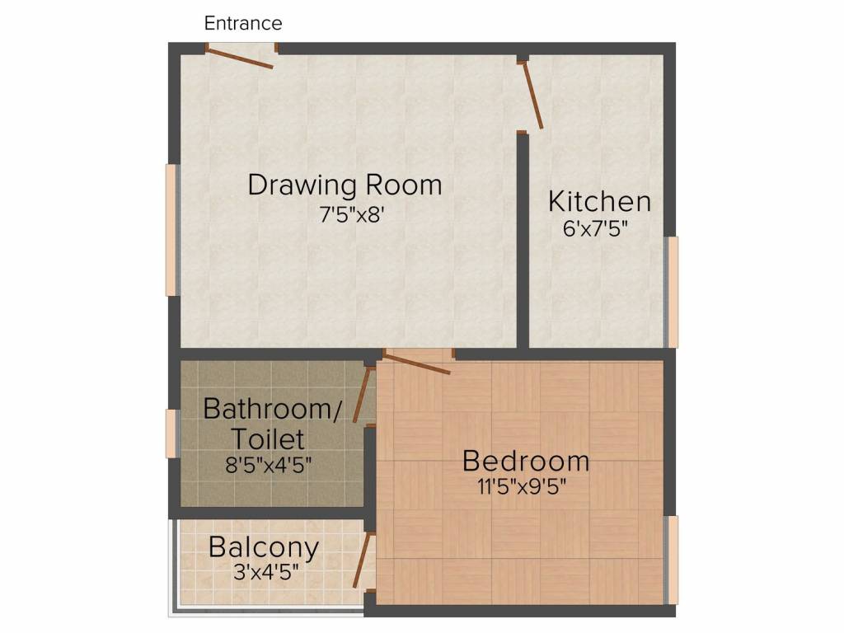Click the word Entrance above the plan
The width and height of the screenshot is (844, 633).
click(243, 23)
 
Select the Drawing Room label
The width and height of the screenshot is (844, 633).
click(345, 185)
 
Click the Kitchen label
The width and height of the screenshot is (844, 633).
click(599, 201)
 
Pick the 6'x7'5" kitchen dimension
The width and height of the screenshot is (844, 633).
click(595, 228)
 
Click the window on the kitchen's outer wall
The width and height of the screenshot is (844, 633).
click(673, 292)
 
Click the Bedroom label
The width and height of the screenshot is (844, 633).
click(525, 460)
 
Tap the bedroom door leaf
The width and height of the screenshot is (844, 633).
click(416, 363)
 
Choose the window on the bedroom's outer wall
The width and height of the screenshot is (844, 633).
click(673, 560)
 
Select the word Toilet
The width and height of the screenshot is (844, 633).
click(267, 438)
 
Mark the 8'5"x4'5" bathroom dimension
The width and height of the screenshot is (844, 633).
click(269, 464)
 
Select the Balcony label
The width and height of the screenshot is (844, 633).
click(263, 546)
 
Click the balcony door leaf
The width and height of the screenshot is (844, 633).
click(362, 560)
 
